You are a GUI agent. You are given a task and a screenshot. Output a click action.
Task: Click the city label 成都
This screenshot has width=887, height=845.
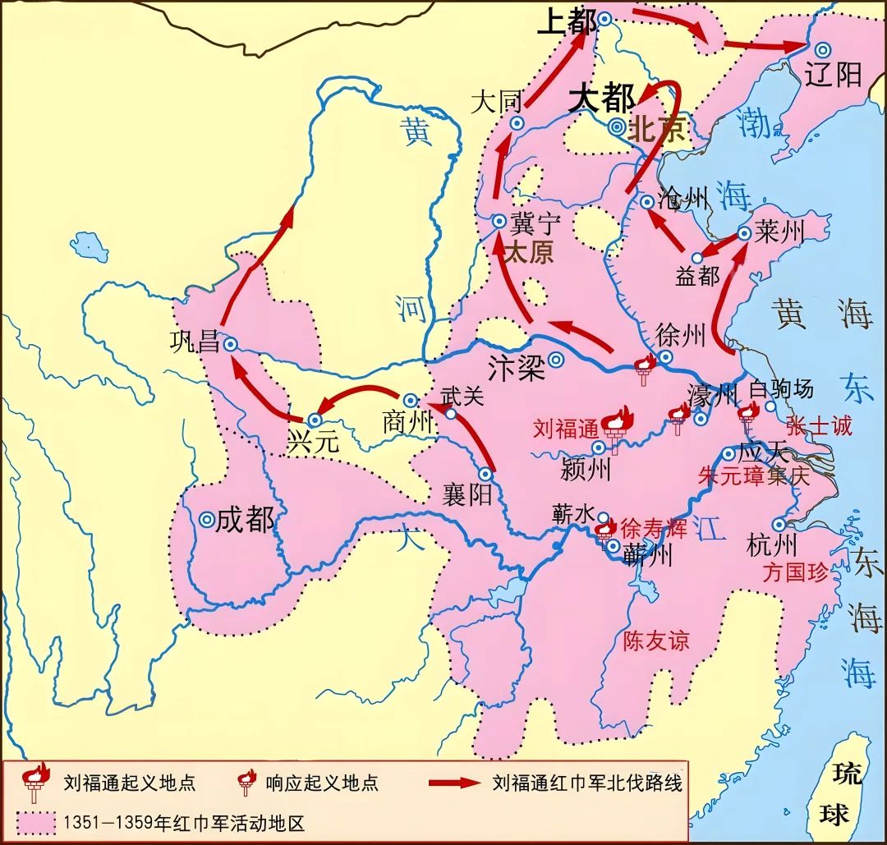click(x=245, y=520)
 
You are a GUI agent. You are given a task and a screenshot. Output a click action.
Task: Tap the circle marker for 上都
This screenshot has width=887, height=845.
click(x=604, y=18)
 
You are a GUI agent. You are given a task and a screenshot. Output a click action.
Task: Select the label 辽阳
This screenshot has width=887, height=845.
click(x=834, y=74)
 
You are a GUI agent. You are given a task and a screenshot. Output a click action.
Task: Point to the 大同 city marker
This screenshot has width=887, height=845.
click(x=517, y=123)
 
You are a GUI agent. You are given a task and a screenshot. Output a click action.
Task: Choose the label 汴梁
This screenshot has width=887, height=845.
click(x=516, y=366)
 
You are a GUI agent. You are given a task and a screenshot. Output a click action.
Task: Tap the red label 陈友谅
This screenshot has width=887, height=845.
click(x=656, y=641)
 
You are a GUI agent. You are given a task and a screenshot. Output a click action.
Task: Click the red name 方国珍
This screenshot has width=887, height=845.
click(x=795, y=572)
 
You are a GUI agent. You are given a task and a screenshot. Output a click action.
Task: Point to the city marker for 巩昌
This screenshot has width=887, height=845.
click(x=232, y=346)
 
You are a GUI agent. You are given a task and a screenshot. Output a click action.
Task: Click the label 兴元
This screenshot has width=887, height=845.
click(x=312, y=442)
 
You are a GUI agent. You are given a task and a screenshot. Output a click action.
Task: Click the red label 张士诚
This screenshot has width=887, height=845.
click(x=819, y=425)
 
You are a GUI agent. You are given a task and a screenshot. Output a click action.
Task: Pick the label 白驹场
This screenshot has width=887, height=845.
click(x=782, y=388)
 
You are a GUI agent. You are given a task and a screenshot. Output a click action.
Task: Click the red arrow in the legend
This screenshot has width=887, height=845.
click(x=453, y=782)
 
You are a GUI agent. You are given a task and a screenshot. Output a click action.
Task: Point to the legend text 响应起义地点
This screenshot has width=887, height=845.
click(x=322, y=782)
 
